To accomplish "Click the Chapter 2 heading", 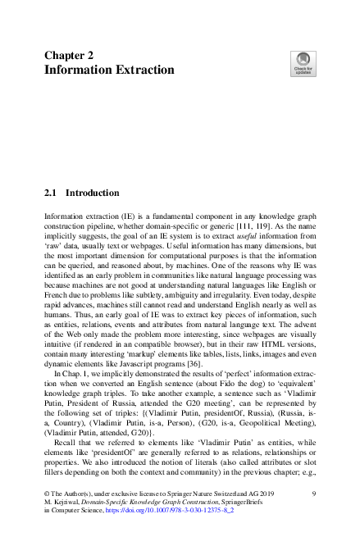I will click(x=68, y=55).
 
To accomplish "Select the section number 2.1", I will click(x=51, y=193).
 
